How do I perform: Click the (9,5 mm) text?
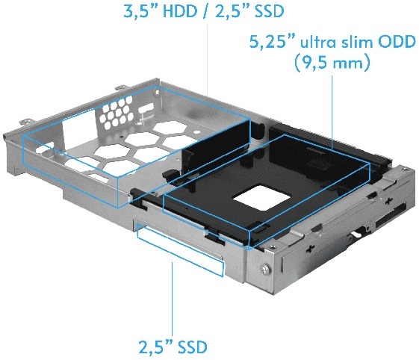[332, 63]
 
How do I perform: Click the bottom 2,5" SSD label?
[173, 347]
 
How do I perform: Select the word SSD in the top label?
[269, 11]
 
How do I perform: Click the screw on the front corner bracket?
[264, 270]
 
